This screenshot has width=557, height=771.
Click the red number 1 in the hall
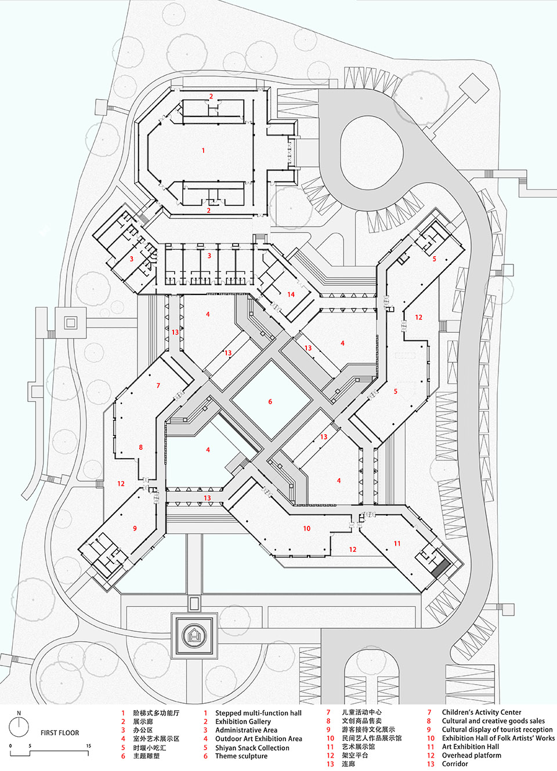point(203,151)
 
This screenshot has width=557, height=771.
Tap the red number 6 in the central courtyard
point(270,402)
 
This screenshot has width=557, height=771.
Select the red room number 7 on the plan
point(158,385)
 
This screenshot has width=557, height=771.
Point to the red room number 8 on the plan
point(140,448)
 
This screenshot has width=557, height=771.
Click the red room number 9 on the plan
point(135,528)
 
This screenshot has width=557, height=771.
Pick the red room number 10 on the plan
point(306,529)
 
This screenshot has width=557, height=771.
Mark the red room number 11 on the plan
point(397,544)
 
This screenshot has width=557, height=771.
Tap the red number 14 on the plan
point(291,294)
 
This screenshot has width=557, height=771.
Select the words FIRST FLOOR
point(60,733)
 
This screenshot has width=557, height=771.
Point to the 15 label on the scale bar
point(89,746)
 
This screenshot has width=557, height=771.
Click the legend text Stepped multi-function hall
point(258,713)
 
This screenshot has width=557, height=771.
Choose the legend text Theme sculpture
point(241,756)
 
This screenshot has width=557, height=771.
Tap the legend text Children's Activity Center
point(481,712)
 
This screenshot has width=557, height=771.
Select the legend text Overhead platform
point(471,755)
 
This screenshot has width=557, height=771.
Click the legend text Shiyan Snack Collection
point(252,748)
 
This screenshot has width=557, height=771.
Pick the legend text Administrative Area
point(246,730)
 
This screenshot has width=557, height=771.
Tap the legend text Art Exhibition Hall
point(470,747)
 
